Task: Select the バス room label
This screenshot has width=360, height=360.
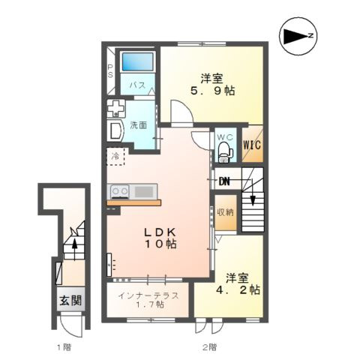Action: tap(137, 86)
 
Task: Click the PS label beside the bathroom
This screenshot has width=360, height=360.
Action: tap(109, 70)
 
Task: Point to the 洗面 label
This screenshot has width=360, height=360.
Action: tap(138, 124)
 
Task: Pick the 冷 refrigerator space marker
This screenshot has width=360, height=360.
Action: tap(115, 157)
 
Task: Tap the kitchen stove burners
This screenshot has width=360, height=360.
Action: tap(120, 191)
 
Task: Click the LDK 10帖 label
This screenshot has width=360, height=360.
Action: tap(160, 238)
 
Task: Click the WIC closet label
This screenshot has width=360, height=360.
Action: tap(251, 144)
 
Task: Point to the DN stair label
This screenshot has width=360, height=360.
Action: tap(224, 181)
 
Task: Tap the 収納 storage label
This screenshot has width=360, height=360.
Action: tap(225, 211)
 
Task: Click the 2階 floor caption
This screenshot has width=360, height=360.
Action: tap(209, 347)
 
